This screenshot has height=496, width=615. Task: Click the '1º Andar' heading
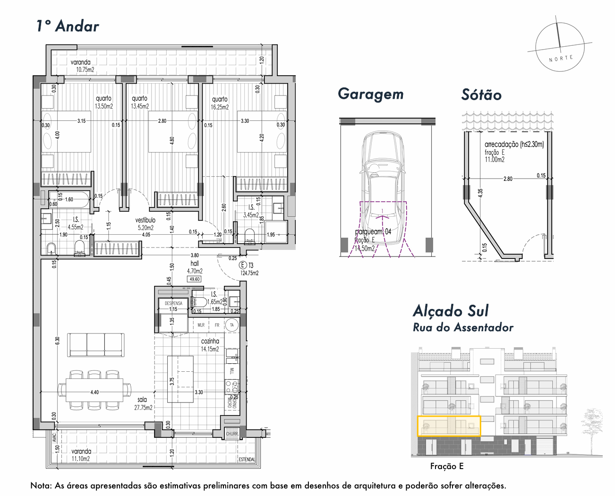68,26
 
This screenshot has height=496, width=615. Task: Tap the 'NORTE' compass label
561,59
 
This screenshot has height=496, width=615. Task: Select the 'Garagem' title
371,94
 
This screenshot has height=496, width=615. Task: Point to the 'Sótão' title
481,95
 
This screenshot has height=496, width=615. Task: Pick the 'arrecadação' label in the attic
514,145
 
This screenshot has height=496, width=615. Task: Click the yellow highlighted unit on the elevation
449,426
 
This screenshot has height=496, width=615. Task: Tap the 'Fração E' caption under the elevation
447,467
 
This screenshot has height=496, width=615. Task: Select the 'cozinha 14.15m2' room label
210,345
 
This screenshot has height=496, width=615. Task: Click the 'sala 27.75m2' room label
143,403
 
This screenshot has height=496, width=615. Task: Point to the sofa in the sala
96,344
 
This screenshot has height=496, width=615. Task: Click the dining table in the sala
94,390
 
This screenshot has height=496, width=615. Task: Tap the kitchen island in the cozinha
180,379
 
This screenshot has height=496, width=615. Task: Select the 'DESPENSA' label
173,303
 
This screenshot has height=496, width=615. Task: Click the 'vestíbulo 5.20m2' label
145,223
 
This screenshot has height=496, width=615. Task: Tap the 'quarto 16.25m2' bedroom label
220,103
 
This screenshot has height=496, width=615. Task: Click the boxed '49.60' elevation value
195,279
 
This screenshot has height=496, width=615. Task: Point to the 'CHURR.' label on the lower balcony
232,434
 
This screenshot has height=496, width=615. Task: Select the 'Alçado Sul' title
451,311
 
